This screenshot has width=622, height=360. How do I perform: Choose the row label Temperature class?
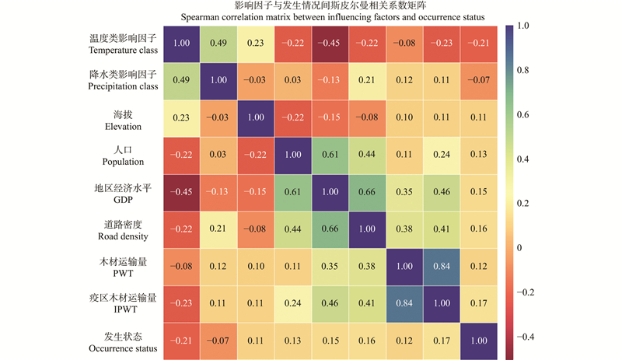[x=124, y=50]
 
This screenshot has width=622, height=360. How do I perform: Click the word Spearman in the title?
[x=204, y=17]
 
